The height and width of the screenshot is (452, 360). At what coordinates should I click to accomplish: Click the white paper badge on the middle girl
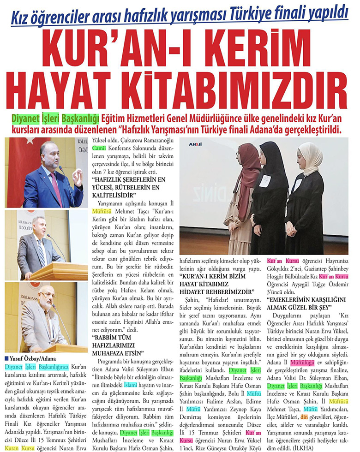(264, 181)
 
